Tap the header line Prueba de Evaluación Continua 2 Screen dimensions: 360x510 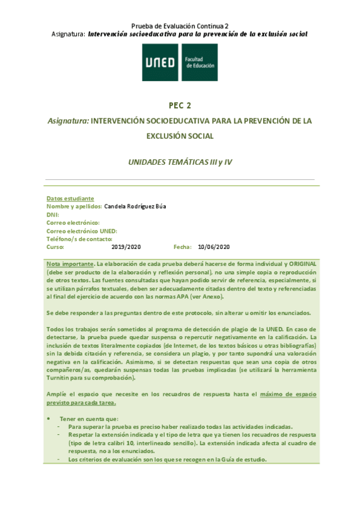click(x=180, y=26)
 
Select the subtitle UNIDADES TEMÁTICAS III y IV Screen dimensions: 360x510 click(x=180, y=162)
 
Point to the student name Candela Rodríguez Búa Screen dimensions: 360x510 click(x=135, y=206)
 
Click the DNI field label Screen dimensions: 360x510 click(x=52, y=215)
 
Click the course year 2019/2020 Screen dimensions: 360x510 click(x=126, y=247)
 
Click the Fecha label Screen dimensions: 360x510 click(x=182, y=247)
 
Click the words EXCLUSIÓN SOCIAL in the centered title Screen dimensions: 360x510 click(x=180, y=137)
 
